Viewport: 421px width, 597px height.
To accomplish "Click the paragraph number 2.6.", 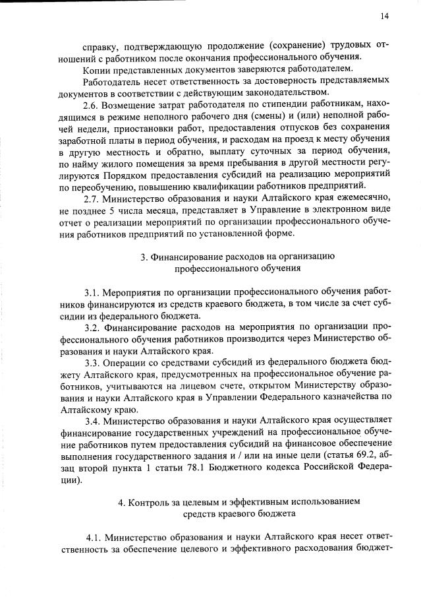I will pyautogui.click(x=92, y=106).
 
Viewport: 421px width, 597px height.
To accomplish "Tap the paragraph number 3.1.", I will pyautogui.click(x=93, y=292).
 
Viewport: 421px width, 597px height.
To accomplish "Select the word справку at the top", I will pyautogui.click(x=100, y=46).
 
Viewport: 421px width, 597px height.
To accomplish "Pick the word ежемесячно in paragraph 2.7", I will pyautogui.click(x=366, y=199).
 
